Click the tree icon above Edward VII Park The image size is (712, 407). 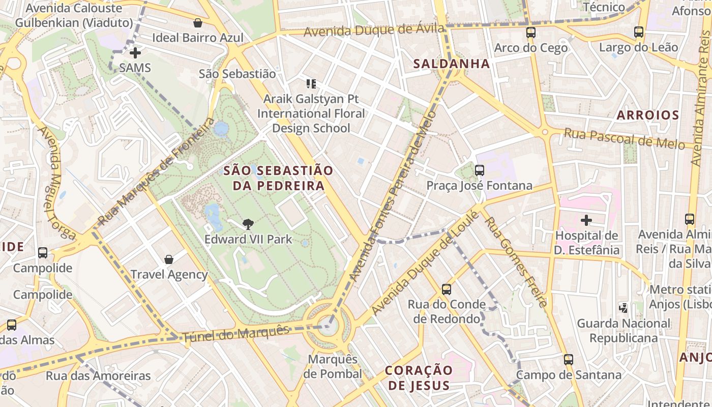click(x=248, y=224)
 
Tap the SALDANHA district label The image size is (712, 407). click(x=452, y=64)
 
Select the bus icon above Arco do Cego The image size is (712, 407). click(x=531, y=33)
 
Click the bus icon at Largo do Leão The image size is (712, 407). click(x=639, y=32)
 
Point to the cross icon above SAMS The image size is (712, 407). click(x=135, y=53)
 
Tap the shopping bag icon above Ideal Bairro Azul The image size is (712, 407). click(x=198, y=23)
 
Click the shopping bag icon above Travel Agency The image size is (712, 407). click(x=169, y=259)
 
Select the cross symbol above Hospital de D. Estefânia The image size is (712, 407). click(x=586, y=220)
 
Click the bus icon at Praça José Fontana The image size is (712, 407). click(x=480, y=170)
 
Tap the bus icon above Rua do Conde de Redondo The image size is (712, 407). click(x=447, y=289)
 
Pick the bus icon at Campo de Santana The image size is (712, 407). click(x=569, y=360)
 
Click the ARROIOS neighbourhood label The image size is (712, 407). click(x=648, y=115)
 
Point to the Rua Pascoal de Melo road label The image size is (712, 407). click(x=624, y=138)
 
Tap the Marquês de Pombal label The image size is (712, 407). click(x=333, y=366)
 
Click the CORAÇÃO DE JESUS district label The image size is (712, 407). click(x=419, y=377)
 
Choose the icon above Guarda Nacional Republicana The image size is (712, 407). click(x=623, y=308)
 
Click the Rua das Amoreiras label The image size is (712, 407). click(x=98, y=376)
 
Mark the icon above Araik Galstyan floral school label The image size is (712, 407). click(x=311, y=83)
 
